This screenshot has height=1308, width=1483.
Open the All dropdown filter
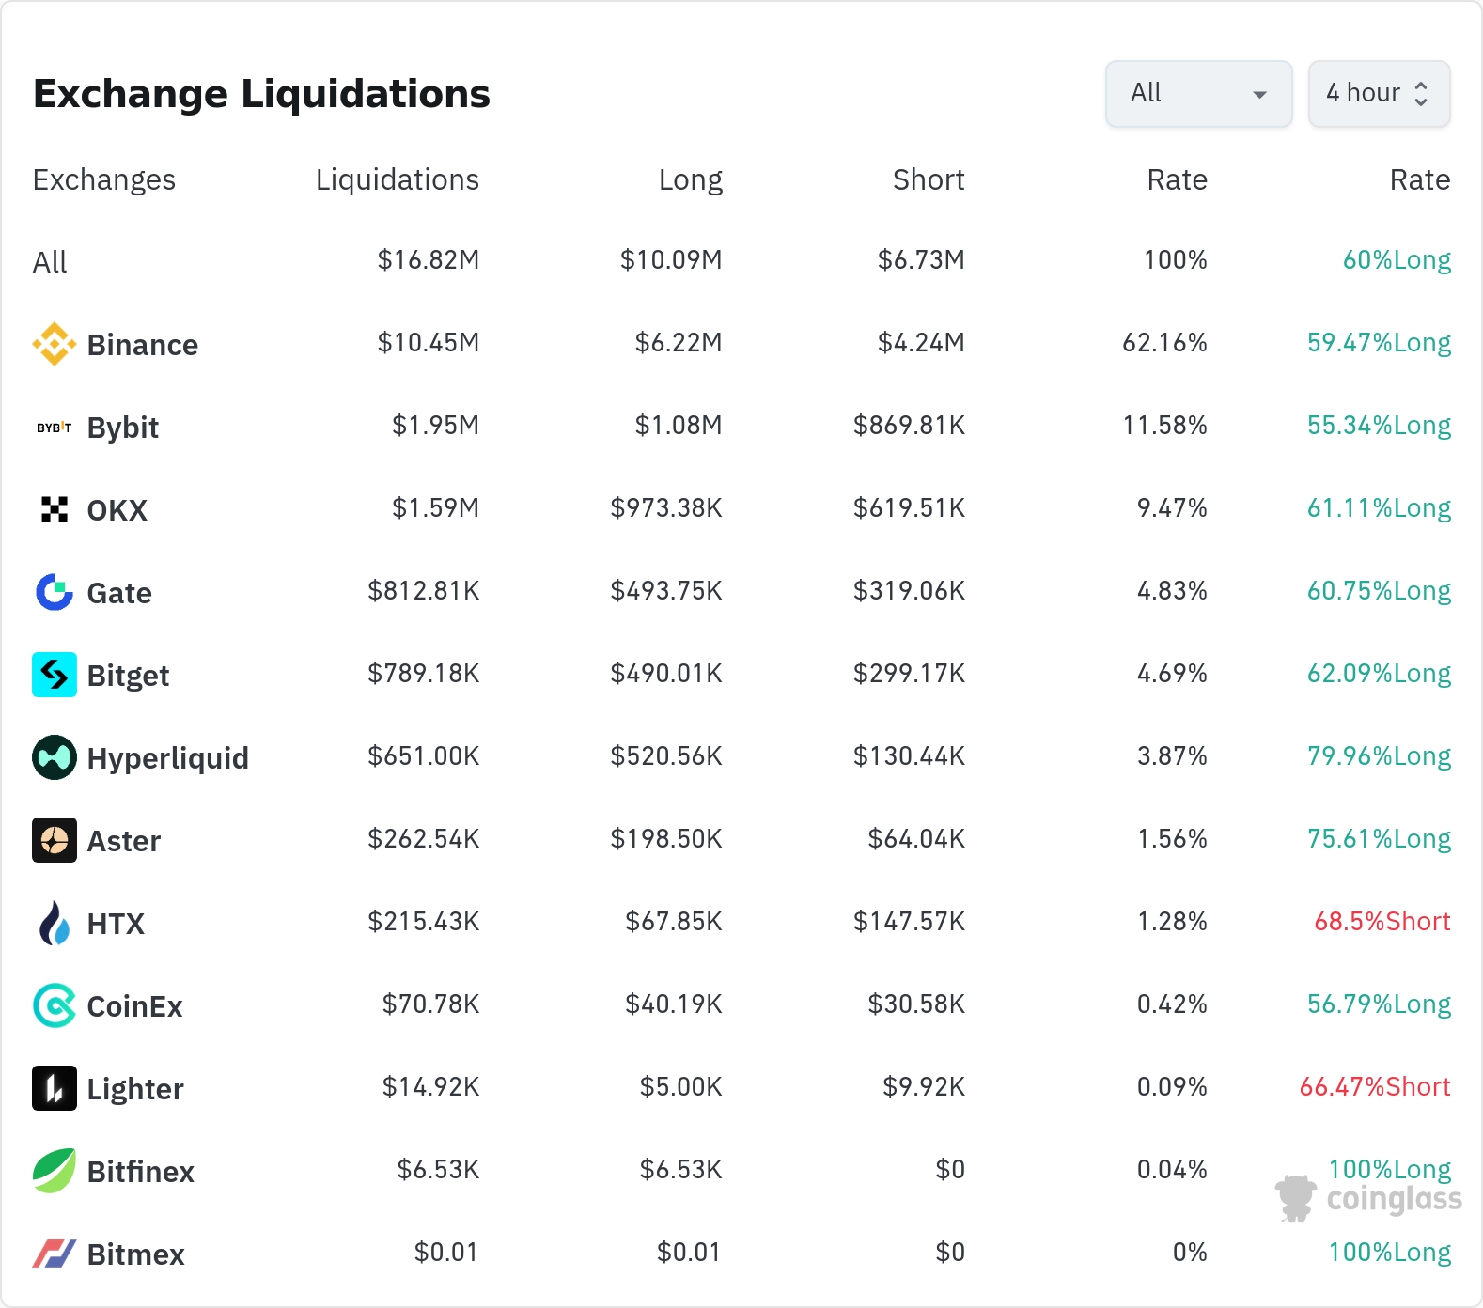pyautogui.click(x=1198, y=94)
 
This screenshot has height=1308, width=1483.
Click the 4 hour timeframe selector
pyautogui.click(x=1379, y=94)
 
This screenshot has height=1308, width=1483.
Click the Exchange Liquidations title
pyautogui.click(x=261, y=94)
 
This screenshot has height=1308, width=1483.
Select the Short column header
pyautogui.click(x=929, y=179)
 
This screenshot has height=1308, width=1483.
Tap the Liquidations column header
pyautogui.click(x=398, y=179)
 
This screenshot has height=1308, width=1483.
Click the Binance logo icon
pyautogui.click(x=55, y=344)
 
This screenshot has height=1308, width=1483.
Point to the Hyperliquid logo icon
pyautogui.click(x=55, y=757)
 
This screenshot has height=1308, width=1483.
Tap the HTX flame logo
pyautogui.click(x=55, y=923)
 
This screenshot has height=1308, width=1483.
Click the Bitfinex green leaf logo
pyautogui.click(x=55, y=1171)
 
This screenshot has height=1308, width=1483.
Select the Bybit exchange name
pyautogui.click(x=123, y=428)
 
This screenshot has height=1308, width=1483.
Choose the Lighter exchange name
pyautogui.click(x=135, y=1089)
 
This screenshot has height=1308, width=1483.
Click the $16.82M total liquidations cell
pyautogui.click(x=429, y=259)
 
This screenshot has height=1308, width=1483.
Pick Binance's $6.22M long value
pyautogui.click(x=679, y=342)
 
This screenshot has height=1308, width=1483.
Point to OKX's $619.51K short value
pyautogui.click(x=909, y=507)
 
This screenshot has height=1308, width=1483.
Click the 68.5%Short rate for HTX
pyautogui.click(x=1382, y=921)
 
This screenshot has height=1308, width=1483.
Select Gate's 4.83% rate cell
pyautogui.click(x=1172, y=590)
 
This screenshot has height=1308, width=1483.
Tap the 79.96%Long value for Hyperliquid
pyautogui.click(x=1379, y=756)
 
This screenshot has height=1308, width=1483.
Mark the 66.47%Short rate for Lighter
pyautogui.click(x=1375, y=1086)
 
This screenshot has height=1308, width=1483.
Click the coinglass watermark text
pyautogui.click(x=1395, y=1200)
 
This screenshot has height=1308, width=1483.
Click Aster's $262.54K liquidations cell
pyautogui.click(x=424, y=838)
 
